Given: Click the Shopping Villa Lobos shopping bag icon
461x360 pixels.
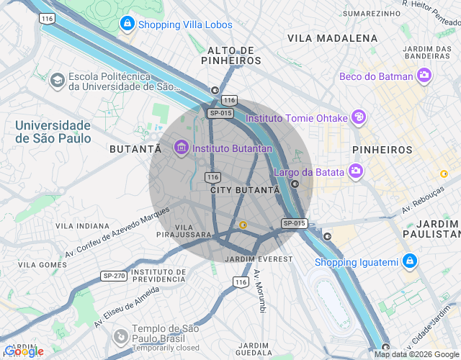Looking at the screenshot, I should click(127, 24).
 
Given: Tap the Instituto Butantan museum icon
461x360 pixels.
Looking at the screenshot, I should click(181, 148).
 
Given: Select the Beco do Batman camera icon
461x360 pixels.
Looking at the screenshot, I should click(424, 76).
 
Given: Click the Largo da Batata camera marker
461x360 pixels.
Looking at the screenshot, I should click(355, 171).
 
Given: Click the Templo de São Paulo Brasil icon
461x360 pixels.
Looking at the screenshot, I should click(121, 335).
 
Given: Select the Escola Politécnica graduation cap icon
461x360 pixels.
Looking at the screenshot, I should click(56, 81).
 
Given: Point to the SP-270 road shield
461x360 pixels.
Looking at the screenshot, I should click(114, 276).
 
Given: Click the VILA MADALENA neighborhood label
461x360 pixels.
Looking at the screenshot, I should click(332, 37).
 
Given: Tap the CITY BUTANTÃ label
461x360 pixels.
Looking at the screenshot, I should click(244, 190).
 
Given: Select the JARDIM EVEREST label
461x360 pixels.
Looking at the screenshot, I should click(259, 258).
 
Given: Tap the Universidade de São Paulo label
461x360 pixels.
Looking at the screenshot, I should click(53, 131).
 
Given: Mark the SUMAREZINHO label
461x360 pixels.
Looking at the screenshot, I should click(371, 13).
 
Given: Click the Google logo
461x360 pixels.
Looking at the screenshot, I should click(23, 351).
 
